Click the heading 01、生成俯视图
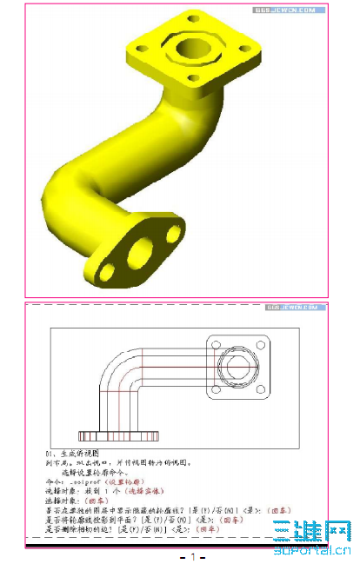click(74, 454)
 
